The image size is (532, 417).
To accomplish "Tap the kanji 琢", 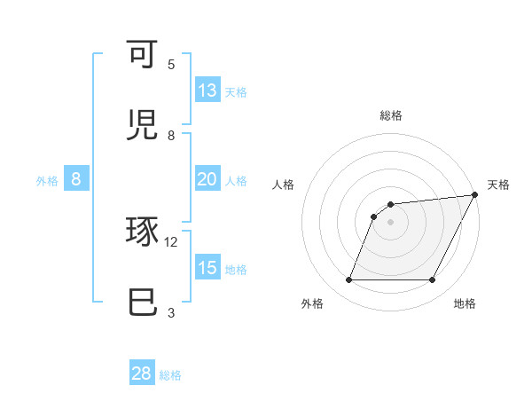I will coord(142,232).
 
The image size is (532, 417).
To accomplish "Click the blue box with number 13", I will coord(207,90).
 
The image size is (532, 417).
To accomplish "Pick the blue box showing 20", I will coord(207,179).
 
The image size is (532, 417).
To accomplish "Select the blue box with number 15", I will coord(207,268).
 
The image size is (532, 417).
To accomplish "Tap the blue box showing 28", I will coord(142,374).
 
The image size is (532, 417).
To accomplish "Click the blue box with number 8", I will coord(76,179).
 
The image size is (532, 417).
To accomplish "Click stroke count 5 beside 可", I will coord(171,64).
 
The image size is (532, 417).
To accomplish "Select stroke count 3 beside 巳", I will coord(171,312).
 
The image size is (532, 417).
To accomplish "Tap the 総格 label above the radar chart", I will coord(390,115).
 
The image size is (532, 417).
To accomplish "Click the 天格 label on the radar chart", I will coord(498,185).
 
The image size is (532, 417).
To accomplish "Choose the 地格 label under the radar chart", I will coord(465,304).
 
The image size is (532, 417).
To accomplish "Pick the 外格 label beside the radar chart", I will coord(312,304).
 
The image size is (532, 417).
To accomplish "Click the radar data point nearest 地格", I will coord(433,280).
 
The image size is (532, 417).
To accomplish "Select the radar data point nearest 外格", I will coord(348,280).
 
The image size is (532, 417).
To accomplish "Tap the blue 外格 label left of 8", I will coord(47,181).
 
